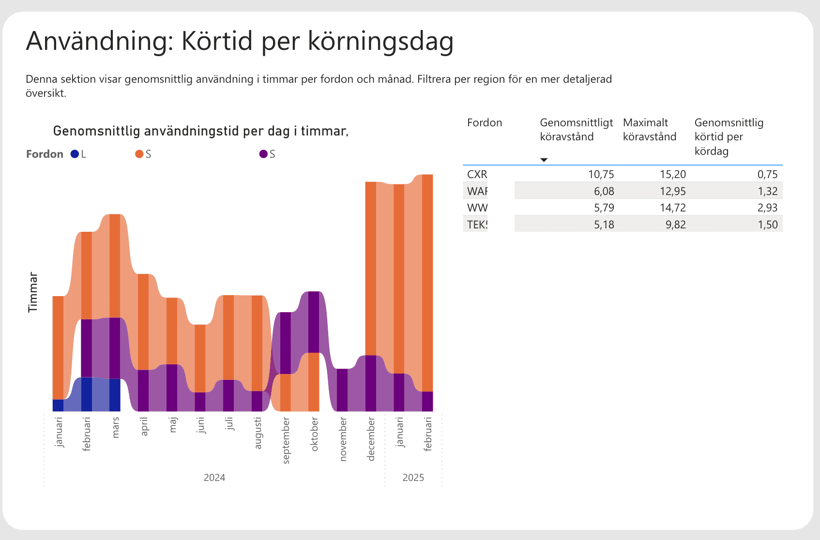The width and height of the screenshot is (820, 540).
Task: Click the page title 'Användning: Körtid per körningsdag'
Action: click(240, 41)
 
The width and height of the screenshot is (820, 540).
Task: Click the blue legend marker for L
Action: click(75, 154)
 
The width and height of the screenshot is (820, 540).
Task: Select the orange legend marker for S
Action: click(139, 154)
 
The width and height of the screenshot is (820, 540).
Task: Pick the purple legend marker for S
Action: click(263, 154)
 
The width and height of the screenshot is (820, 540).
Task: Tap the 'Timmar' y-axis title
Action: click(32, 292)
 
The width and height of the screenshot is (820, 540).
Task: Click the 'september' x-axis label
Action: click(286, 440)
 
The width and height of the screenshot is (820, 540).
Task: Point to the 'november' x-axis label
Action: click(343, 439)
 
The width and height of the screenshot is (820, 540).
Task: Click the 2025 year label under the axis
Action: click(413, 478)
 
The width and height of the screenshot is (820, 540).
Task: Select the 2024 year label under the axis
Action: click(214, 478)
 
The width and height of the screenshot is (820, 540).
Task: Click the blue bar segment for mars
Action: click(115, 394)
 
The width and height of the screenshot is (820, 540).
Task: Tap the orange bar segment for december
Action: click(371, 269)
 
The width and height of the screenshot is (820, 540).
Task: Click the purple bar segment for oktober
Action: click(314, 322)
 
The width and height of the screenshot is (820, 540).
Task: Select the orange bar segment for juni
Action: click(200, 358)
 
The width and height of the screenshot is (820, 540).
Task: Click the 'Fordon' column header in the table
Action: click(485, 123)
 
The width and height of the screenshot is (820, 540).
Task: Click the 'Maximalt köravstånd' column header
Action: click(649, 130)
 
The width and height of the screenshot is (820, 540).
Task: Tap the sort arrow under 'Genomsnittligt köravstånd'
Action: click(544, 160)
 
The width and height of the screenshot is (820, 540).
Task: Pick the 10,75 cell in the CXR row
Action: click(601, 174)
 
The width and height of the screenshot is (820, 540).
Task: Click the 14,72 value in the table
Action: click(672, 208)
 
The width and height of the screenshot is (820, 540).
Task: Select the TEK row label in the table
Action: click(477, 225)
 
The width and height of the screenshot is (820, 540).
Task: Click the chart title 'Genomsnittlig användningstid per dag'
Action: click(200, 131)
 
